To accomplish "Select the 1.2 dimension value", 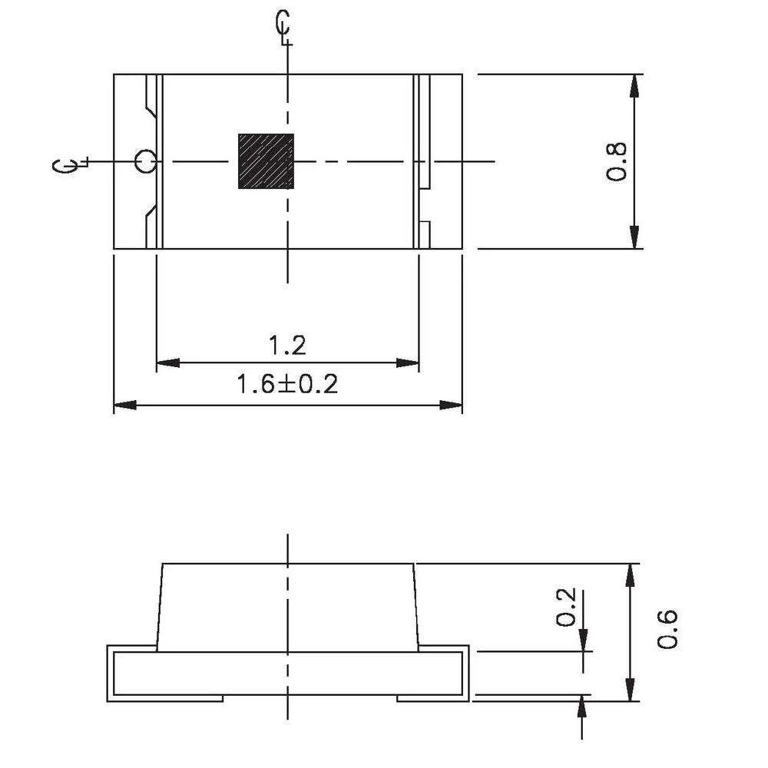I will tap(287, 346).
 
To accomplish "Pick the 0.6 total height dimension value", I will tap(667, 628).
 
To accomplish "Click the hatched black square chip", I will tap(266, 161).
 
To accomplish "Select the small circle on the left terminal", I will tap(144, 162).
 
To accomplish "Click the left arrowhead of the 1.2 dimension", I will tap(167, 362).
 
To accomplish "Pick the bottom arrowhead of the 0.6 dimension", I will tap(631, 690).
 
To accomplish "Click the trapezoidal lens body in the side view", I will tap(287, 607).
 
